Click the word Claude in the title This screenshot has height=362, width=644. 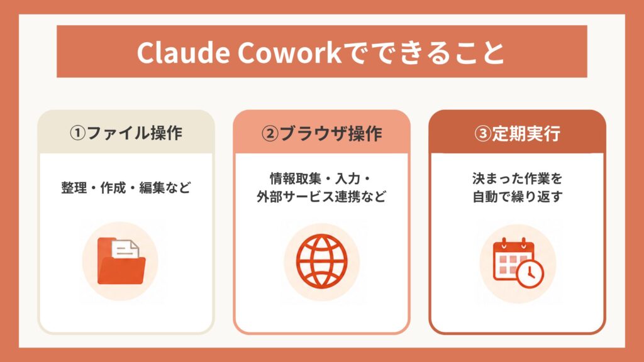(183, 52)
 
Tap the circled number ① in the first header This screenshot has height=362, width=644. (77, 133)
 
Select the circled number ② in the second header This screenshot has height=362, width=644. (270, 133)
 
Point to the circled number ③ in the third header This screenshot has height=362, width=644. (482, 133)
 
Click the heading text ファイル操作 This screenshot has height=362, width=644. (135, 133)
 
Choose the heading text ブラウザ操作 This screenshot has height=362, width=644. (331, 133)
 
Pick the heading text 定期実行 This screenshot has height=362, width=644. (526, 133)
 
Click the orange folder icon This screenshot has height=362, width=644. (121, 261)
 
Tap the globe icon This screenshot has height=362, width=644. (321, 260)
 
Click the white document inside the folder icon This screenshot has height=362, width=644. (125, 249)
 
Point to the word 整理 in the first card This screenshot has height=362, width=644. (74, 187)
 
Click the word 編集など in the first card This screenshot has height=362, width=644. (165, 187)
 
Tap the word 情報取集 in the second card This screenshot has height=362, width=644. (296, 178)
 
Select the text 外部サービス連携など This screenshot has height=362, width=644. (321, 197)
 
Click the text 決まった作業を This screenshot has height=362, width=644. (517, 178)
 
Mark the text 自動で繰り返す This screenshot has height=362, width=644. (517, 197)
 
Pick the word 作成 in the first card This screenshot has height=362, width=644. (113, 187)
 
